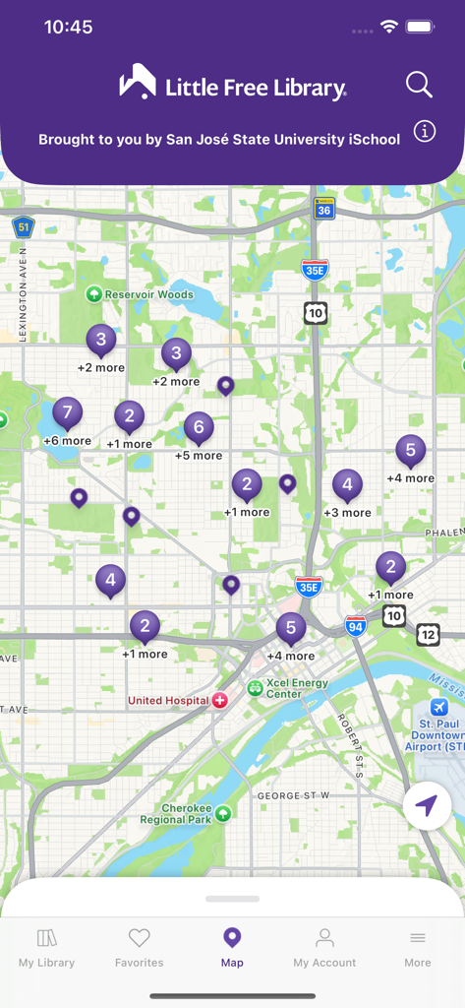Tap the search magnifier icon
[x=419, y=85]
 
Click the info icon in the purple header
[x=425, y=132]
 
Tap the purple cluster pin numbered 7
[x=67, y=412]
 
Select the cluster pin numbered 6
[x=199, y=427]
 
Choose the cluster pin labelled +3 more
[x=346, y=485]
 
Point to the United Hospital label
[x=168, y=701]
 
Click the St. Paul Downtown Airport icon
[x=438, y=709]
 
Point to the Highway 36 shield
[x=324, y=208]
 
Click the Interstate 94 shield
[x=356, y=626]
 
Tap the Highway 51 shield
[x=24, y=227]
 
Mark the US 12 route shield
[x=429, y=634]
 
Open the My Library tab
[x=46, y=948]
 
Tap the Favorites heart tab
[x=140, y=948]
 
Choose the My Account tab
[x=324, y=948]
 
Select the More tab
[x=418, y=948]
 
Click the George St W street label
[x=294, y=795]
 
